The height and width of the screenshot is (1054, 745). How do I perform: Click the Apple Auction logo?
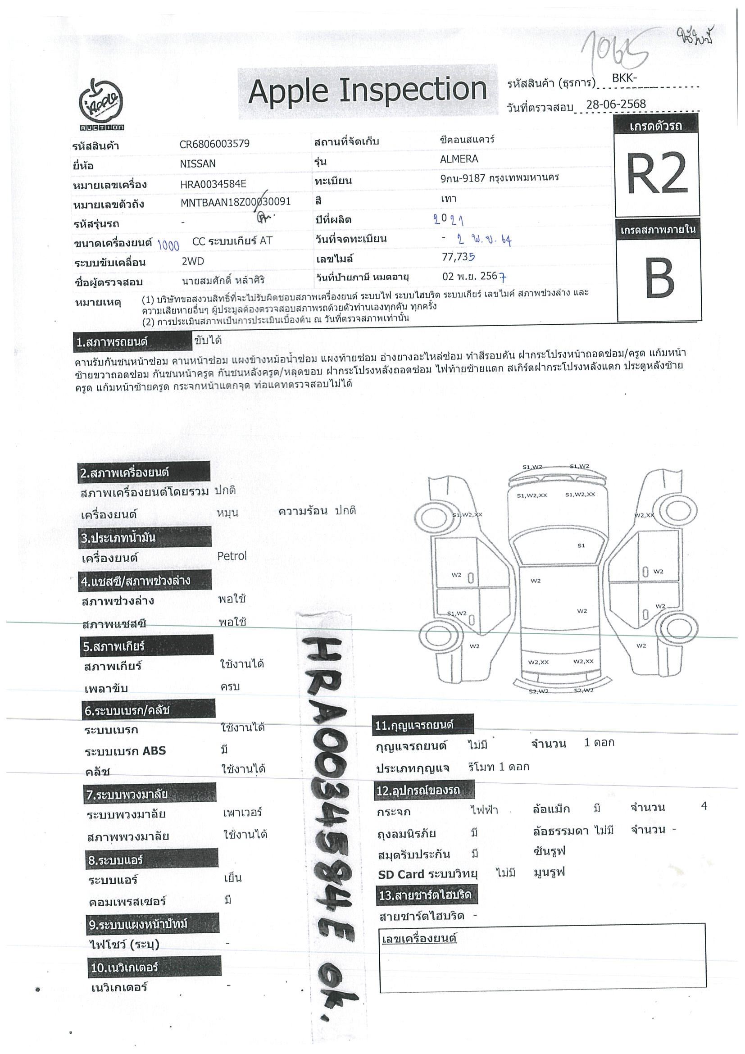pos(101,104)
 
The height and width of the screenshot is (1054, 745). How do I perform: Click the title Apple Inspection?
pos(367,91)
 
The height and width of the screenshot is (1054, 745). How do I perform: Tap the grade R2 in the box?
pos(657,173)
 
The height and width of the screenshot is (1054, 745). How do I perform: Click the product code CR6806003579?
pos(214,144)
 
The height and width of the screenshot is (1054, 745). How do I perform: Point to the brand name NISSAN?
pos(197,164)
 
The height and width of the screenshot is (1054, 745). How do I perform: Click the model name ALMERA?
pos(459,159)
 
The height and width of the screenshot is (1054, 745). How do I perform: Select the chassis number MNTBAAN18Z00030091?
pos(236,202)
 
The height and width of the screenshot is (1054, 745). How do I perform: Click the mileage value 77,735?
pos(458,257)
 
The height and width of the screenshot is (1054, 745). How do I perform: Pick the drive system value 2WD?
pos(193,261)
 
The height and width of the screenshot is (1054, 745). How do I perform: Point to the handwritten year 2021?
pos(448,220)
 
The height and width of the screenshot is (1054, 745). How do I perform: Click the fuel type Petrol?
pos(232,556)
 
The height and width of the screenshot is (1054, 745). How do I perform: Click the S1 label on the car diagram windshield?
pos(581,545)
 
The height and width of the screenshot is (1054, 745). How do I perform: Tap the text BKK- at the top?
pos(624,78)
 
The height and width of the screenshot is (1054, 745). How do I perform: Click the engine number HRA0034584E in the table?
pos(213,184)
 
